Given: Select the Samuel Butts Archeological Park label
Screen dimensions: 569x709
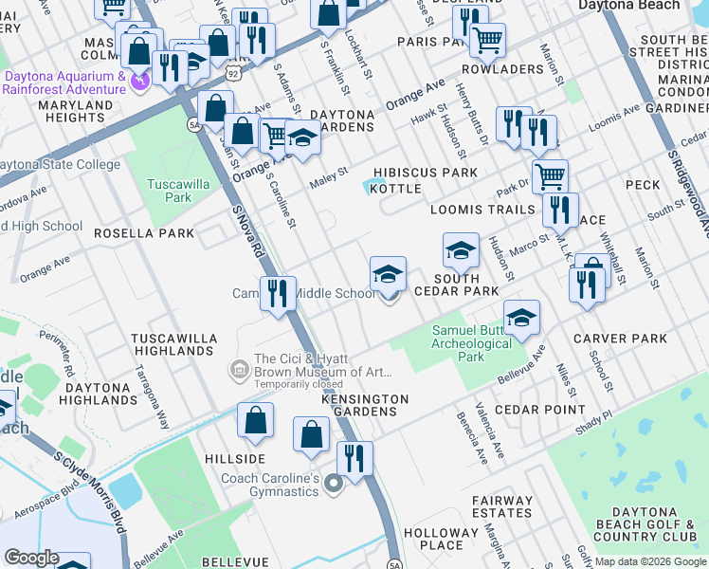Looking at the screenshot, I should click(x=471, y=343).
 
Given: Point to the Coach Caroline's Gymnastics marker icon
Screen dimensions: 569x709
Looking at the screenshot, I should click(x=333, y=485).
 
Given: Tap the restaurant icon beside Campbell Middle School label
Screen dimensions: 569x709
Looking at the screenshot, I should click(x=278, y=292).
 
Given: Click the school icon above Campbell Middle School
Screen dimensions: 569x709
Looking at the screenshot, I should click(x=388, y=274).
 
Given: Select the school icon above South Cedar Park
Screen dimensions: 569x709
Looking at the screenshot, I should click(x=461, y=250).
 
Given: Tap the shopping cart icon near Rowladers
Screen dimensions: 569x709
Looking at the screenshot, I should click(x=487, y=40).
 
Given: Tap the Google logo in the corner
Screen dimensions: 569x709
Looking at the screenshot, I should click(x=31, y=557).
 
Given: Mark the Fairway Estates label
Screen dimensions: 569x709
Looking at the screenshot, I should click(x=504, y=507).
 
